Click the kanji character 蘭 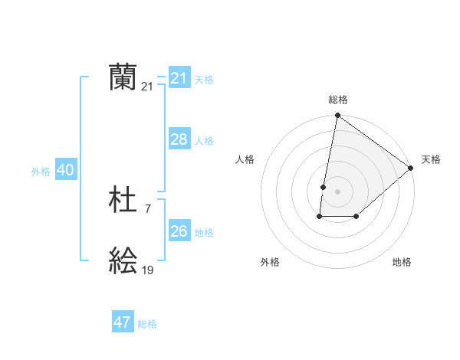tap(123, 77)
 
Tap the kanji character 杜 tap(123, 201)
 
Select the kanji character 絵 tap(123, 261)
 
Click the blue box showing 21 tap(179, 78)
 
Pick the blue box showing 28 tap(179, 139)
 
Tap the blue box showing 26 tap(179, 231)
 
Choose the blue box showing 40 tap(65, 170)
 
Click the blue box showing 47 tap(122, 322)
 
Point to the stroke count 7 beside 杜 tap(147, 208)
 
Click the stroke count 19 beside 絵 tap(147, 270)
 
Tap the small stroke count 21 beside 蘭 tap(147, 87)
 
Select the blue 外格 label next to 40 tap(41, 172)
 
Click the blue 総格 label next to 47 tap(147, 324)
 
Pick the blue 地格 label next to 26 tap(204, 233)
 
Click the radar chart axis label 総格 tap(338, 100)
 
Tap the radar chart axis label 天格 tap(431, 159)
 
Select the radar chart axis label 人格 tap(245, 159)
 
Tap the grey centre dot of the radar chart tap(337, 191)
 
